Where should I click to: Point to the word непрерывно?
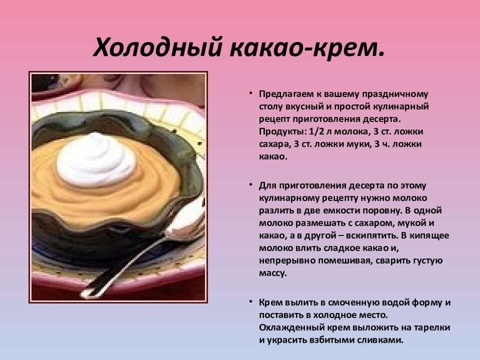[x=283, y=261]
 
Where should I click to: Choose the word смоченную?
[x=349, y=302]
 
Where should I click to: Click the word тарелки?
[x=433, y=327]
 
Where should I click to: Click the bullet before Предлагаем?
[x=251, y=93]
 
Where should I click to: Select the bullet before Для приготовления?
[x=251, y=184]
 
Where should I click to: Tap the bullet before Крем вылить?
[x=251, y=301]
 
